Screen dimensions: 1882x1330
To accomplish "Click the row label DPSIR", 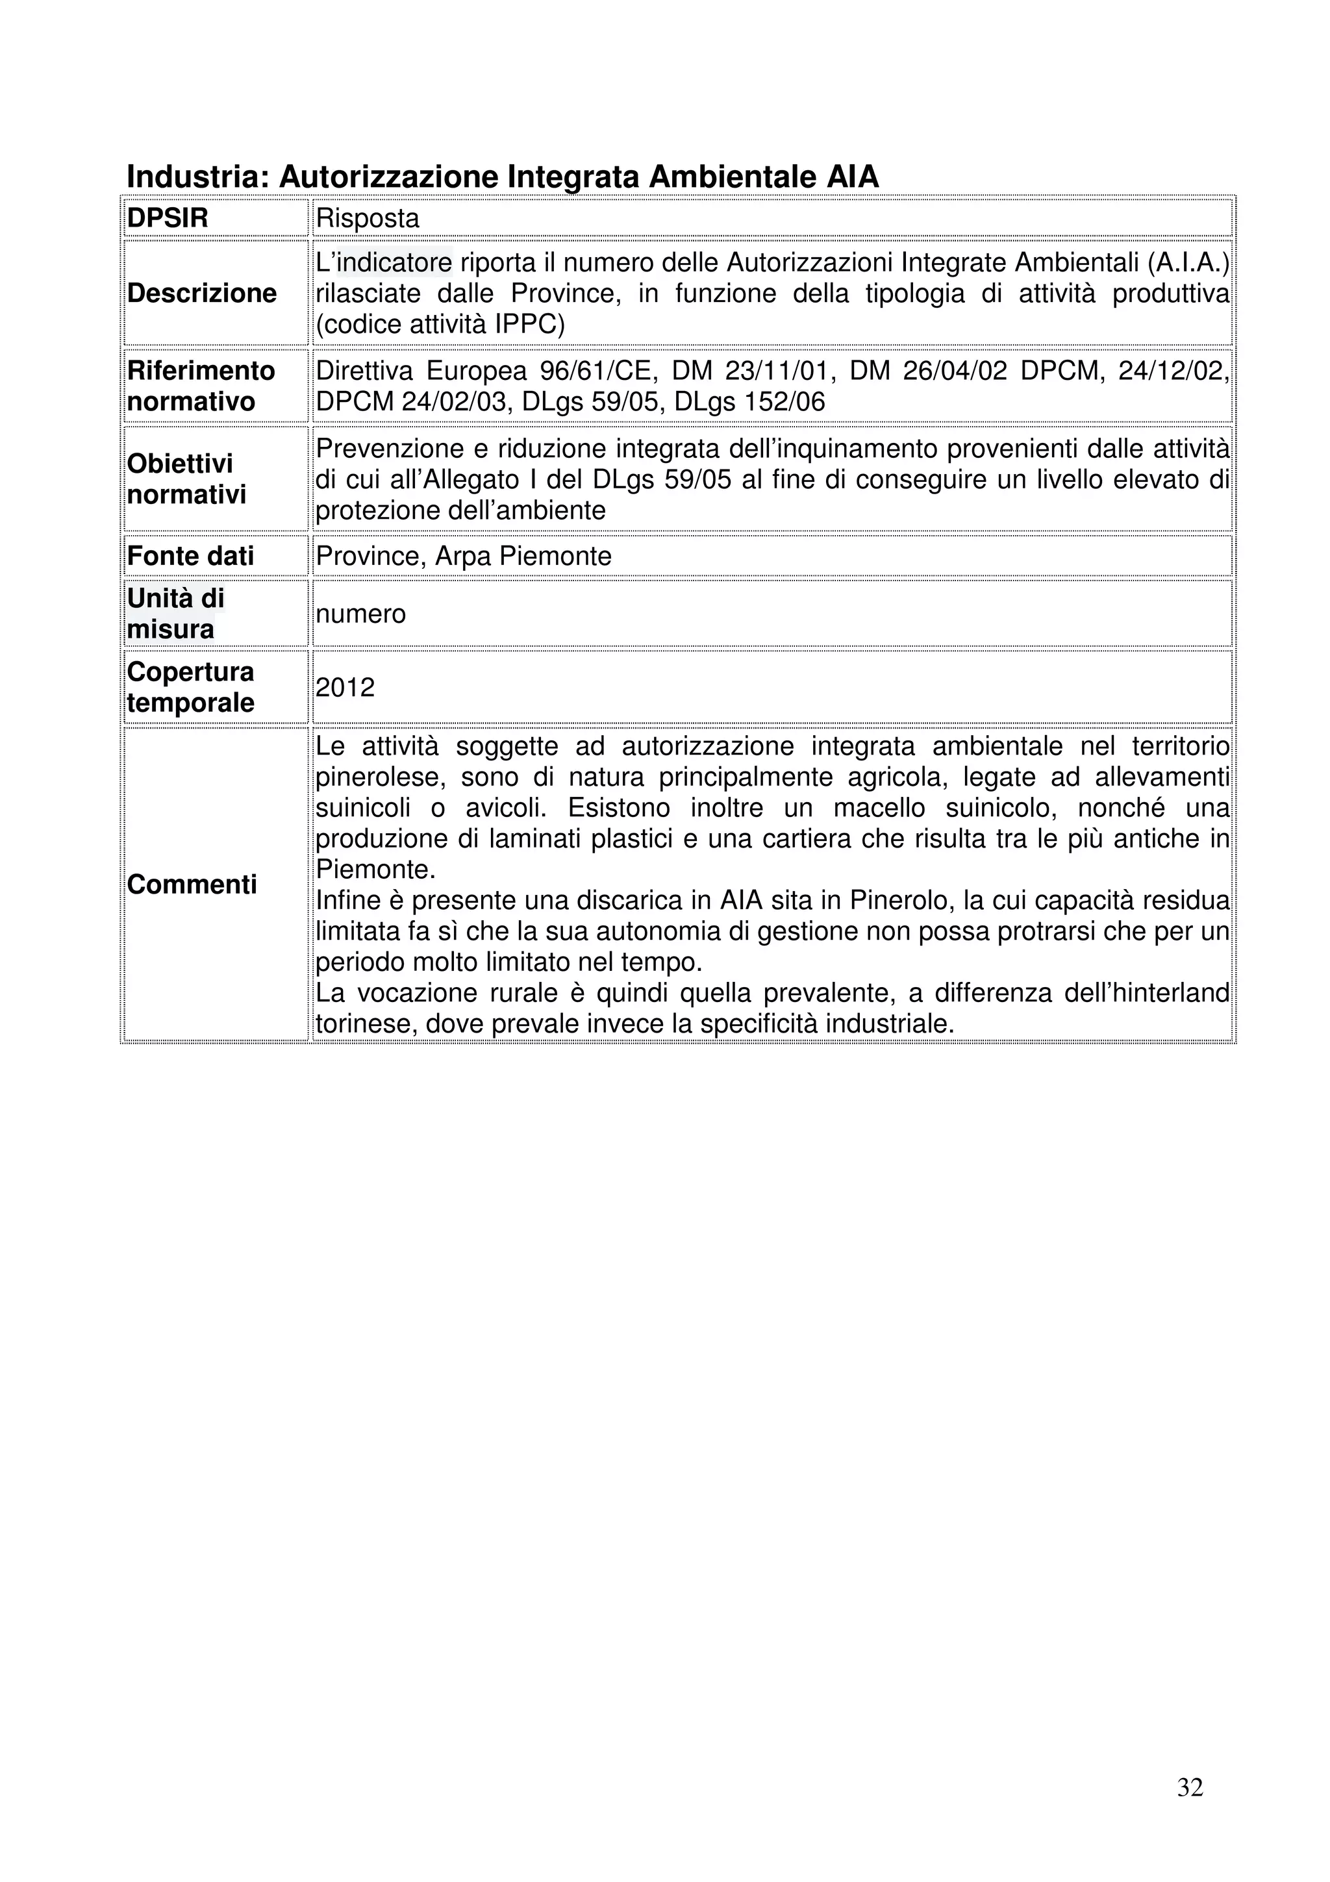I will [167, 218].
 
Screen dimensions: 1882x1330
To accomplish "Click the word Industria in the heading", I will [197, 176].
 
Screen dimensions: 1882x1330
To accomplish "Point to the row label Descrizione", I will [201, 294].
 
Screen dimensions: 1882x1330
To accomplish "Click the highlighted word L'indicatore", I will [384, 262].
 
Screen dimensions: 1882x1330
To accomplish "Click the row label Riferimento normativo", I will [201, 386].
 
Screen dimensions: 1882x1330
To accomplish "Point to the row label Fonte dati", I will [190, 557].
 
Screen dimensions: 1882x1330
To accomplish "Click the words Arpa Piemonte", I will [523, 557].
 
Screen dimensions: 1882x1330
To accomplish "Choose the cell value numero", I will [360, 614].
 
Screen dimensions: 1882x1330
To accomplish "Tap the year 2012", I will [345, 687].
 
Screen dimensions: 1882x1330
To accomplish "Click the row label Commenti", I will [192, 885].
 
